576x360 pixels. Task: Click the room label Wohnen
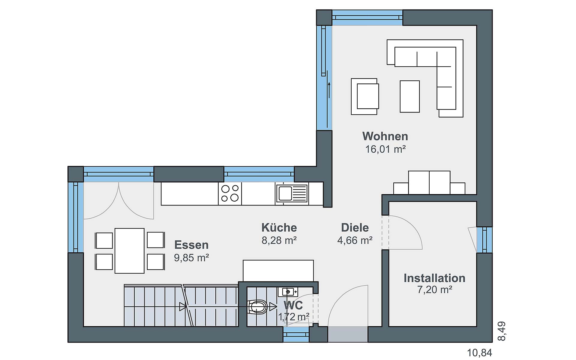(x=385, y=136)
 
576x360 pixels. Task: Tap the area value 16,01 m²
(x=385, y=149)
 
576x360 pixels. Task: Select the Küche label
(x=279, y=227)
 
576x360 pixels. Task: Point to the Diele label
(x=355, y=227)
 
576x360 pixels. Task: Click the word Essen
(x=191, y=245)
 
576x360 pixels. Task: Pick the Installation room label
(x=434, y=278)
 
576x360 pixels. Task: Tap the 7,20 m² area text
(x=435, y=290)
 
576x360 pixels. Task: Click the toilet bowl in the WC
(x=257, y=307)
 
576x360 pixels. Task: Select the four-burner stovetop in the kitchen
(x=230, y=193)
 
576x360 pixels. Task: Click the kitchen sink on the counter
(x=292, y=193)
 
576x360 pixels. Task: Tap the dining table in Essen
(x=130, y=251)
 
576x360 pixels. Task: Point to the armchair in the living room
(x=365, y=97)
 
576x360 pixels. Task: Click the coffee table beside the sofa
(x=410, y=96)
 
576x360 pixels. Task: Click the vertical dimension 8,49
(x=501, y=331)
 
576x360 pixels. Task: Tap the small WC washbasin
(x=288, y=292)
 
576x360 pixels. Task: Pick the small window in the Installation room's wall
(x=484, y=240)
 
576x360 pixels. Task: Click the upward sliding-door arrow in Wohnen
(x=329, y=90)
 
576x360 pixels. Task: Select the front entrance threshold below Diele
(x=348, y=334)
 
